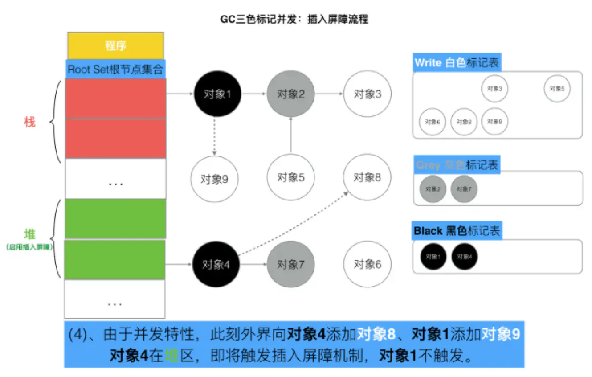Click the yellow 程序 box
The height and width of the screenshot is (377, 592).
115,46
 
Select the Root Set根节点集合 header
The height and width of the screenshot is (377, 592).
115,69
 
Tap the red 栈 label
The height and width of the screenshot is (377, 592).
30,122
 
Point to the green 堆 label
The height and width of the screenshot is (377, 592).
30,233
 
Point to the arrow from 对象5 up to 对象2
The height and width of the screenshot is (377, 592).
291,136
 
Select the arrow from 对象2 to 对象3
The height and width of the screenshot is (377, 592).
329,93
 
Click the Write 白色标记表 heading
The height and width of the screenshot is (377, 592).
457,63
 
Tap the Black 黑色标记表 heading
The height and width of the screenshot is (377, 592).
457,231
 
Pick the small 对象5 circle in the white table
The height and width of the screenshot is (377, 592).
557,89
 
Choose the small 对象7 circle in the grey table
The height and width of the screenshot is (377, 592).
464,189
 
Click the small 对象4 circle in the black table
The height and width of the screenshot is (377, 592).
464,256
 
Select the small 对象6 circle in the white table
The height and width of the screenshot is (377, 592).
433,122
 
